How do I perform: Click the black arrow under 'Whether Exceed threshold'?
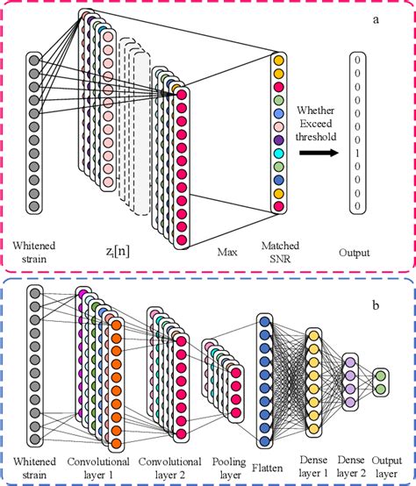[319, 151]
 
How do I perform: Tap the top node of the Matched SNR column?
[279, 61]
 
